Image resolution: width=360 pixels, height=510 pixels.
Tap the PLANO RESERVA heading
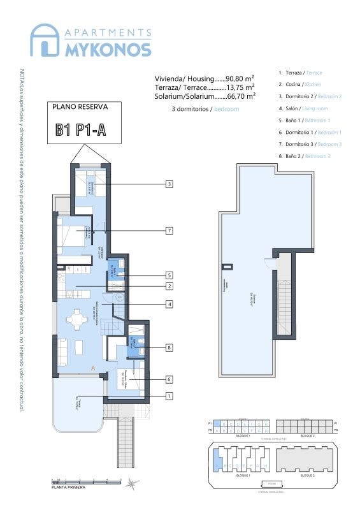point(80,107)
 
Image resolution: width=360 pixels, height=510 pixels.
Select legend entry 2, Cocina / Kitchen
point(300,84)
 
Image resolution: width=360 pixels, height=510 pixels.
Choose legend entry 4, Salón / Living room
point(303,108)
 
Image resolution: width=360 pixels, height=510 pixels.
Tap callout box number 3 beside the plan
point(169,184)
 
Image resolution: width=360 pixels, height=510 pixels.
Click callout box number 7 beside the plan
point(169,230)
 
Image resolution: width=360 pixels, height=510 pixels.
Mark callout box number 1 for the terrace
point(169,396)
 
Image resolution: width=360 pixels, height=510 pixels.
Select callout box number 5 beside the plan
point(169,275)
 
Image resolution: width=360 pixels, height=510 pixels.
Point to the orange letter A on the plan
point(94,368)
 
